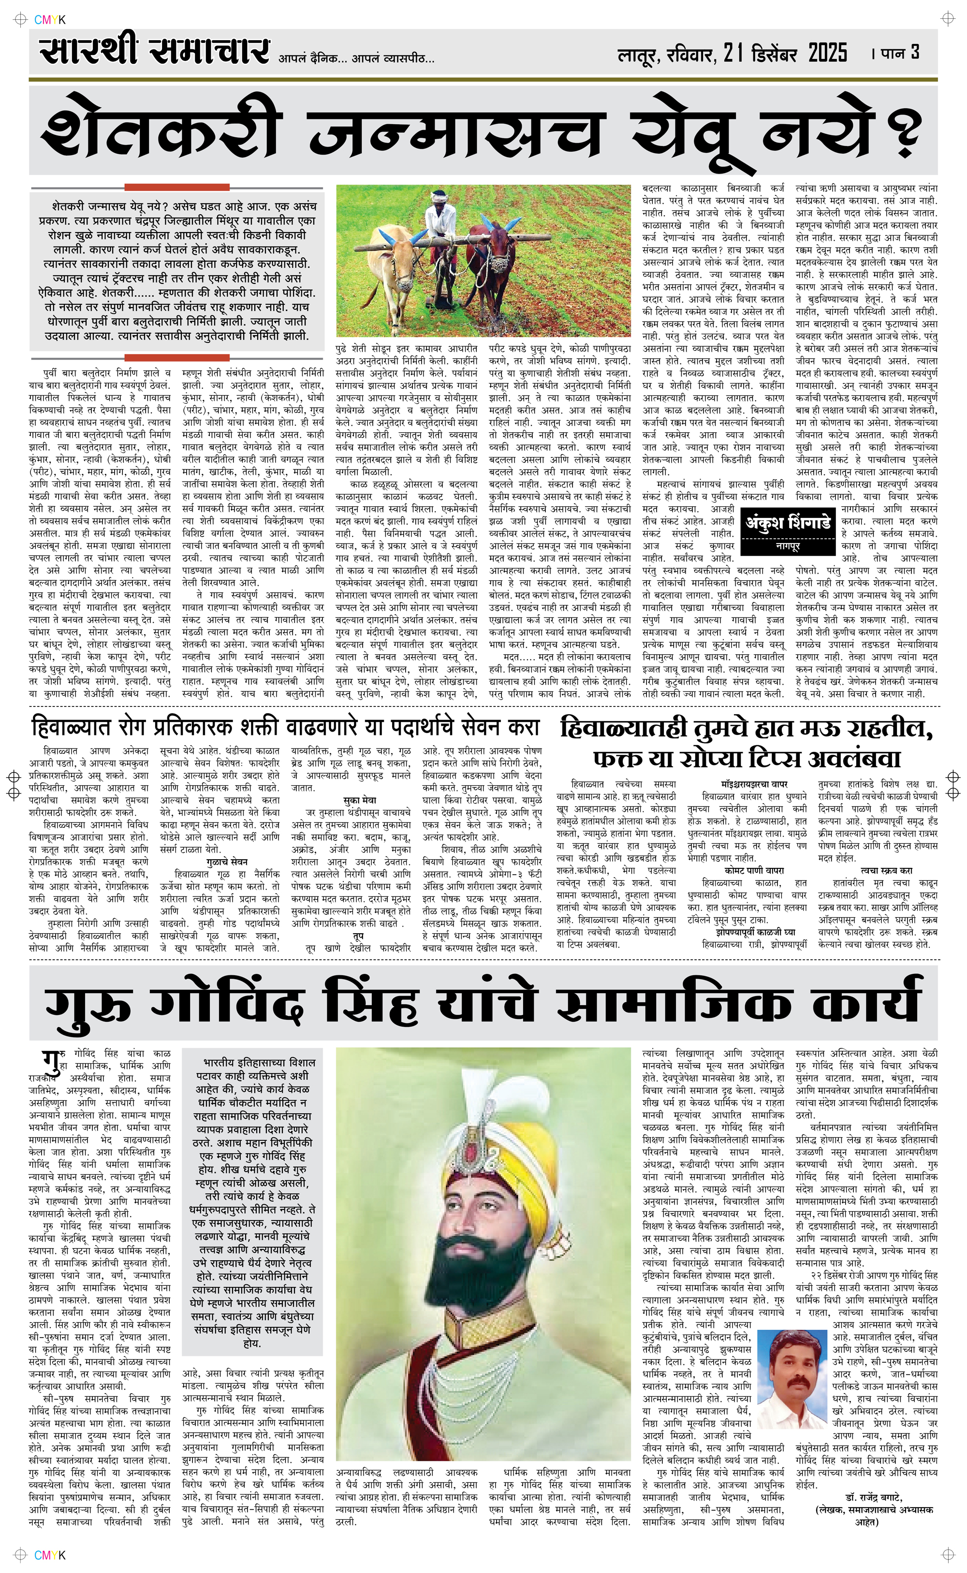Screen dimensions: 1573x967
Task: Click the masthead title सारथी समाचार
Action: [153, 51]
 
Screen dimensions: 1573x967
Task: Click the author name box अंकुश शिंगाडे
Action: [788, 523]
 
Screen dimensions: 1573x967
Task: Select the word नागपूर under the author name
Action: [788, 547]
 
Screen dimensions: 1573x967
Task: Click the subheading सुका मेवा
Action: [359, 800]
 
